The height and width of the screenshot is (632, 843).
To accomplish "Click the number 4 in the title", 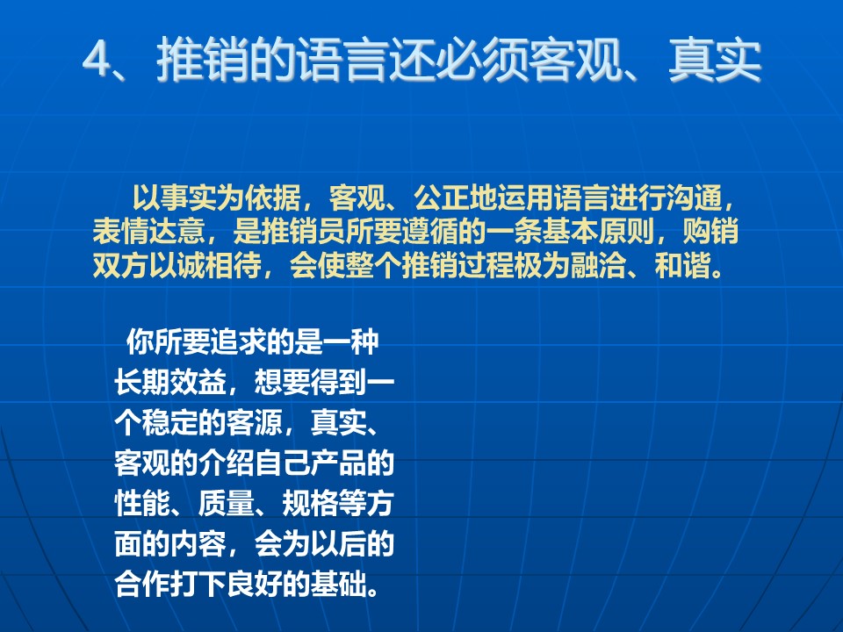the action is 97,60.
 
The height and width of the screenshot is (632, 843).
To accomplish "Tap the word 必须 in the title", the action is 480,60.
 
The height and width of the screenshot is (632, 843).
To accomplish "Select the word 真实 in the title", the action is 715,60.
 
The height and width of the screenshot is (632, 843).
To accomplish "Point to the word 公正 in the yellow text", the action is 442,197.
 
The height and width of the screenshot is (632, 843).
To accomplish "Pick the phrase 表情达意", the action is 149,232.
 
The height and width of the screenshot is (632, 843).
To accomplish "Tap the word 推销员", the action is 302,232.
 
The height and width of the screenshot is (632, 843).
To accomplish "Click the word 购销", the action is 710,232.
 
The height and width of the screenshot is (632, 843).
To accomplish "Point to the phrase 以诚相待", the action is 205,265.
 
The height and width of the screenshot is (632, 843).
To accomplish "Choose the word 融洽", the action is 598,265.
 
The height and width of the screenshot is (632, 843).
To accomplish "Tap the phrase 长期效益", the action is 170,382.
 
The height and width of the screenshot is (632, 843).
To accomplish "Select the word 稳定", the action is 170,422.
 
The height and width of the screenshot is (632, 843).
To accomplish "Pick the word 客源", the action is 255,422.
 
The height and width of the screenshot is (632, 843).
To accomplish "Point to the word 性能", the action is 142,503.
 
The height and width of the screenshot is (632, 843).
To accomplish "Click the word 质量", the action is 227,503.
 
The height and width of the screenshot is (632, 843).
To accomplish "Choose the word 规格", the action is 310,503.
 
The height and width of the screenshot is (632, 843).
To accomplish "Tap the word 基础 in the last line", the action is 338,585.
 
